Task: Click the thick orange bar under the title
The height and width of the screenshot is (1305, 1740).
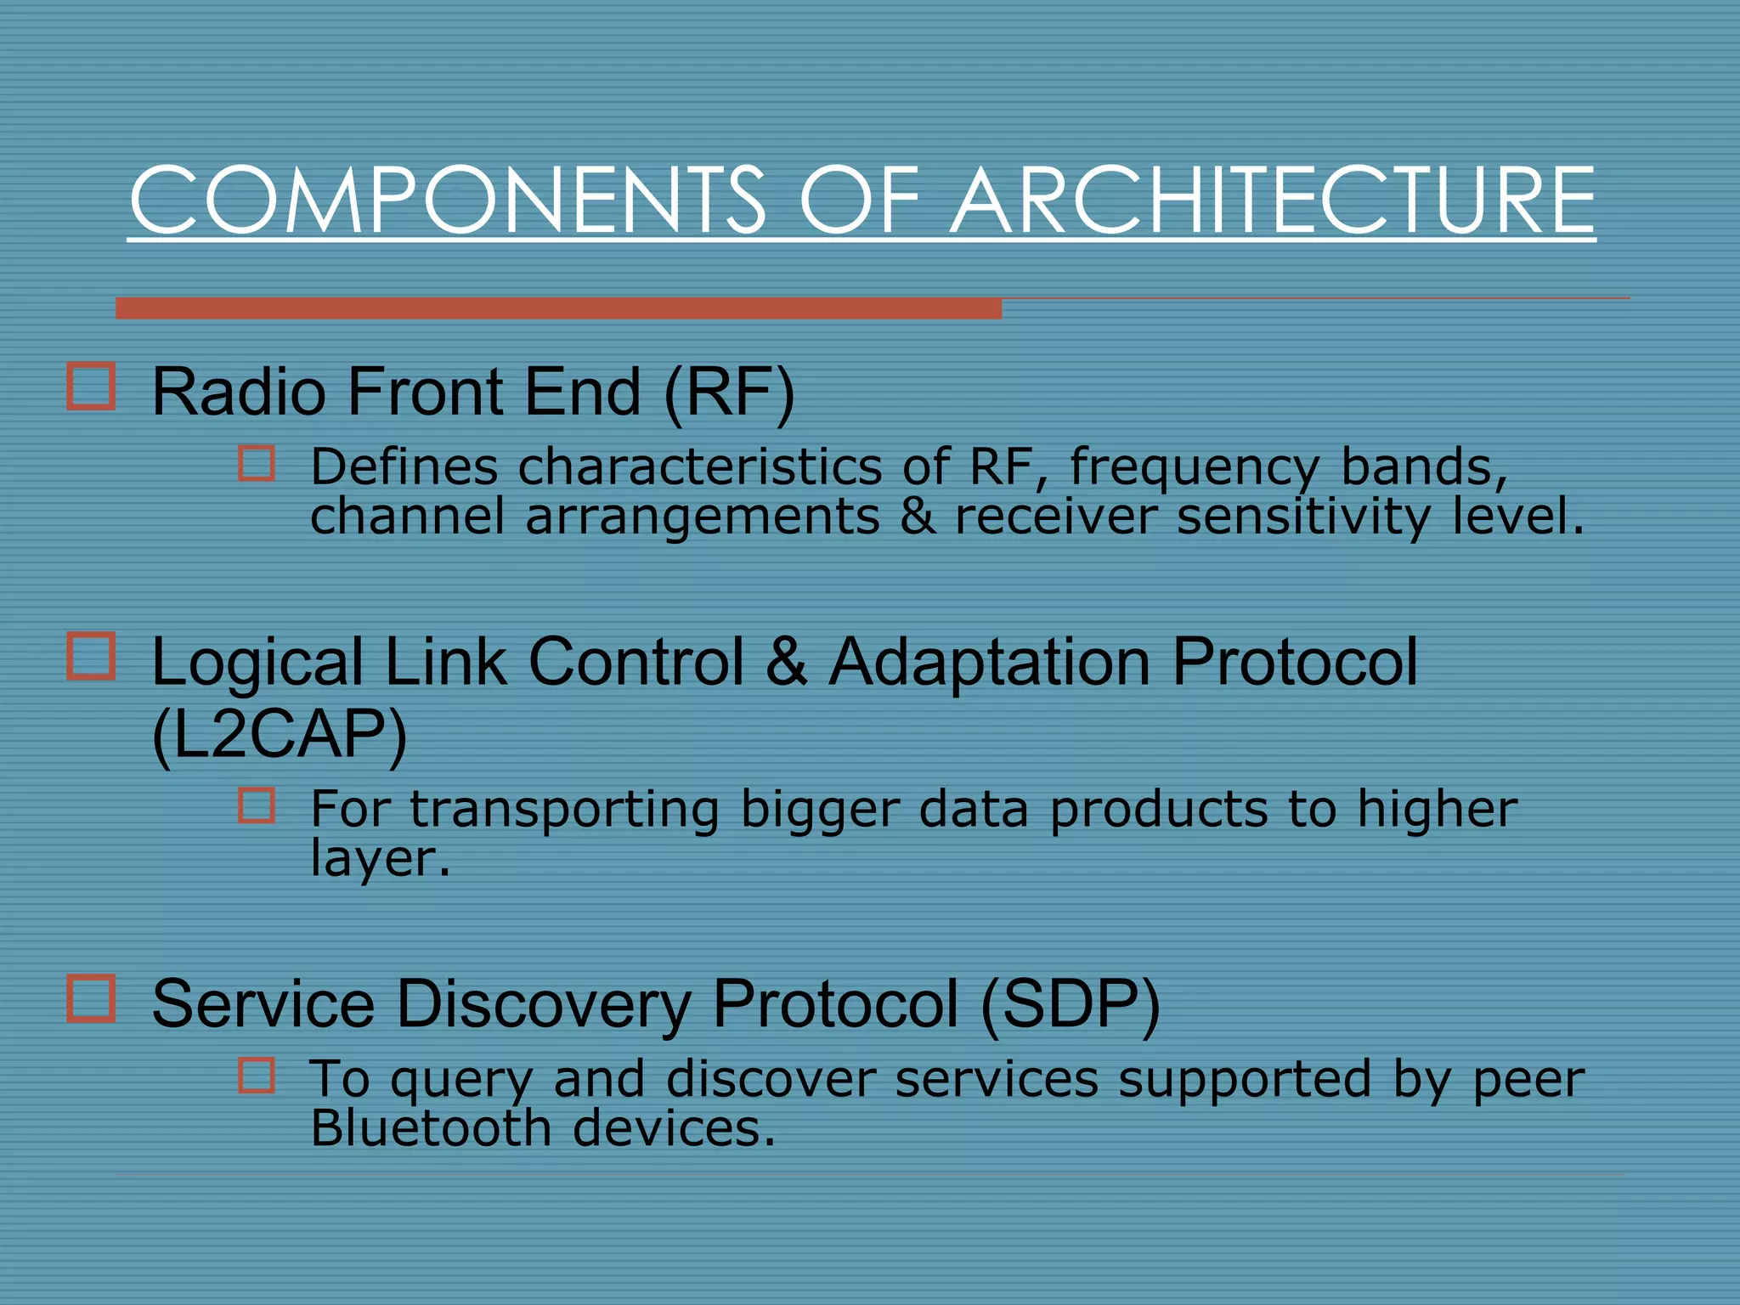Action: pos(558,308)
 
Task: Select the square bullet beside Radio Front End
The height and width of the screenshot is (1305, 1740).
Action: pos(91,387)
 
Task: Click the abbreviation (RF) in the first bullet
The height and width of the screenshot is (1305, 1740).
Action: pos(729,393)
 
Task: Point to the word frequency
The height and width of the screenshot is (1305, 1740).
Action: pos(1194,467)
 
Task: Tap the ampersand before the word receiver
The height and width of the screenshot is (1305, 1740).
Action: pos(918,517)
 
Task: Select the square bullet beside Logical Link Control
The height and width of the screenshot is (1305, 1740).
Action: pos(91,656)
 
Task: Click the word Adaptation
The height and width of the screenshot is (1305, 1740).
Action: pos(989,662)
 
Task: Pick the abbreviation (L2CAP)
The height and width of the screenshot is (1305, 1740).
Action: pos(280,735)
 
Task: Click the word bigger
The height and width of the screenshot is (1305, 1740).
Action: pos(819,809)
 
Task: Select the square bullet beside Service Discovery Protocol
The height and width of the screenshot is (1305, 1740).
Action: pos(91,997)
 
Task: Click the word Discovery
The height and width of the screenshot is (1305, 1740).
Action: pos(543,1004)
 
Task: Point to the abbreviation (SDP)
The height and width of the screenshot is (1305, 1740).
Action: pos(1070,1004)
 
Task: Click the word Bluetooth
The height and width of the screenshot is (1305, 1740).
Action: pos(431,1128)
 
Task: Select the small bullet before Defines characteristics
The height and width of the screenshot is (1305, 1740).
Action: pos(257,464)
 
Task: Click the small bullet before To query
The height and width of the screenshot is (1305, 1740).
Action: pos(257,1075)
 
